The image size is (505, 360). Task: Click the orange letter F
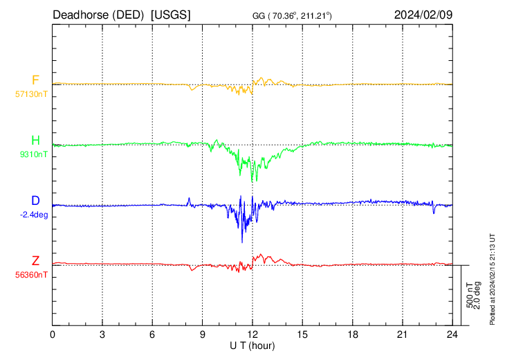[x=35, y=80]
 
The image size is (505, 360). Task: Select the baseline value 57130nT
[x=33, y=92]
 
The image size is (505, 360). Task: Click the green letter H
[x=35, y=141]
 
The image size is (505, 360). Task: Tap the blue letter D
[x=35, y=201]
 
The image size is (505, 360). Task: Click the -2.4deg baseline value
[x=34, y=214]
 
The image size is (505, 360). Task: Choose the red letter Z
[x=35, y=261]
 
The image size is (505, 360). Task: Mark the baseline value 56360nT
[x=33, y=274]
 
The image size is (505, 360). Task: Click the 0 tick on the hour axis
[x=53, y=334]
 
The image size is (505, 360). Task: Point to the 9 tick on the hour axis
[x=202, y=334]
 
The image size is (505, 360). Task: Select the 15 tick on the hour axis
[x=302, y=334]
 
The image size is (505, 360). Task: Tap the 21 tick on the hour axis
[x=401, y=334]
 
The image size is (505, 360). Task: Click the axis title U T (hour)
[x=252, y=345]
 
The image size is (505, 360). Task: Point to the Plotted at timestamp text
[x=493, y=277]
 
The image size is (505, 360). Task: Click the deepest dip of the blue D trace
[x=242, y=242]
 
